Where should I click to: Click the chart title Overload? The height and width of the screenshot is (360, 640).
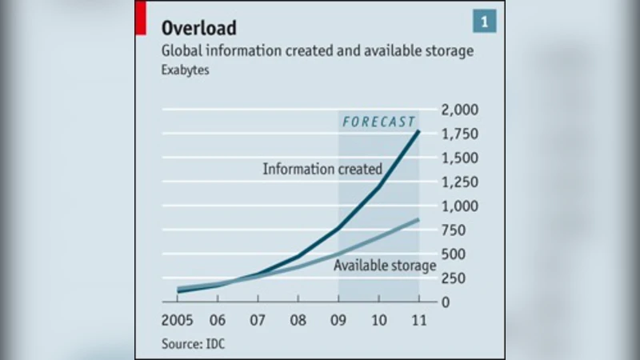click(199, 28)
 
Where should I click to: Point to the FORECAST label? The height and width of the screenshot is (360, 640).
click(378, 122)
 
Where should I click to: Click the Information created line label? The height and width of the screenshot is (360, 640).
click(322, 169)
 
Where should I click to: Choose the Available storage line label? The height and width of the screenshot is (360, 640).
click(385, 266)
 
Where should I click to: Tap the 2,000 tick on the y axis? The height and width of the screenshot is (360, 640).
click(460, 110)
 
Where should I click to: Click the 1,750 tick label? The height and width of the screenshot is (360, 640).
click(460, 134)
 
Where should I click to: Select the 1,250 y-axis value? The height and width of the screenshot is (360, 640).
click(460, 182)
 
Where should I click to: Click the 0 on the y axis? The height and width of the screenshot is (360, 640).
click(446, 302)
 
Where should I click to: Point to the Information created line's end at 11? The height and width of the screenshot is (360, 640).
click(418, 131)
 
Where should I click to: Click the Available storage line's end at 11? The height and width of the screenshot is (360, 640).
click(418, 220)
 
